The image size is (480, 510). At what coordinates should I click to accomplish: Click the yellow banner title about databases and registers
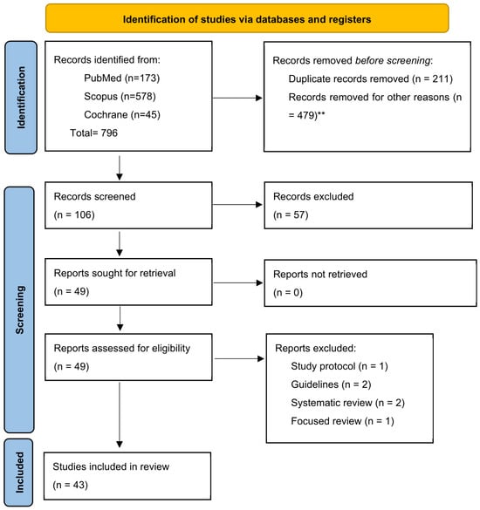tap(247, 19)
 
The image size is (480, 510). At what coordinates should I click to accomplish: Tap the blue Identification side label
tap(21, 98)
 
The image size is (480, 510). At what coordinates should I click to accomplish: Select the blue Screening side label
tap(19, 309)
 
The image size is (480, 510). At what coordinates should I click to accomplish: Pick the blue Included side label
tap(19, 473)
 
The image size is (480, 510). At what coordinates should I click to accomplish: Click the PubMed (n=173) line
tap(122, 78)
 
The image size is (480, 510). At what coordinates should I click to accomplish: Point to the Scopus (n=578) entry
tap(120, 96)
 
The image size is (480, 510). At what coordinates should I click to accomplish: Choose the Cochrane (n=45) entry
tap(122, 114)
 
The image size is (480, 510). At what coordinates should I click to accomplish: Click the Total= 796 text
tap(93, 133)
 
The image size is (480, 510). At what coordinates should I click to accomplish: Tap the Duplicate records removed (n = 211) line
tap(371, 78)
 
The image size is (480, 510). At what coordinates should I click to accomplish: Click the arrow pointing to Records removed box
tap(237, 98)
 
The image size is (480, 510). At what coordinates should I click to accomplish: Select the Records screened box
tap(128, 205)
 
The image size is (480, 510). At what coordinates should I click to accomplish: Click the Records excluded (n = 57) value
tap(291, 214)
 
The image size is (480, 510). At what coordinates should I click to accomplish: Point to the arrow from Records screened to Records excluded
tap(237, 205)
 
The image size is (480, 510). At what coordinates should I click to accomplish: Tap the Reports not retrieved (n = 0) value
tap(288, 292)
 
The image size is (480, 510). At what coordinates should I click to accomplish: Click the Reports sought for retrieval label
tap(114, 273)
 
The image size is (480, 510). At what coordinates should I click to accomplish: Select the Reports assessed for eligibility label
tap(122, 349)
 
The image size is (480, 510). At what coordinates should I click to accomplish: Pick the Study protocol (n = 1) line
tap(339, 366)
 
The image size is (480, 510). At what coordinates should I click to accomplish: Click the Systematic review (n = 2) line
tap(348, 403)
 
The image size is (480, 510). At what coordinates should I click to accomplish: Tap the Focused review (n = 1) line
tap(343, 421)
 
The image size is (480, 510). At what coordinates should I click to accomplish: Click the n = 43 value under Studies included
tap(71, 485)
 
